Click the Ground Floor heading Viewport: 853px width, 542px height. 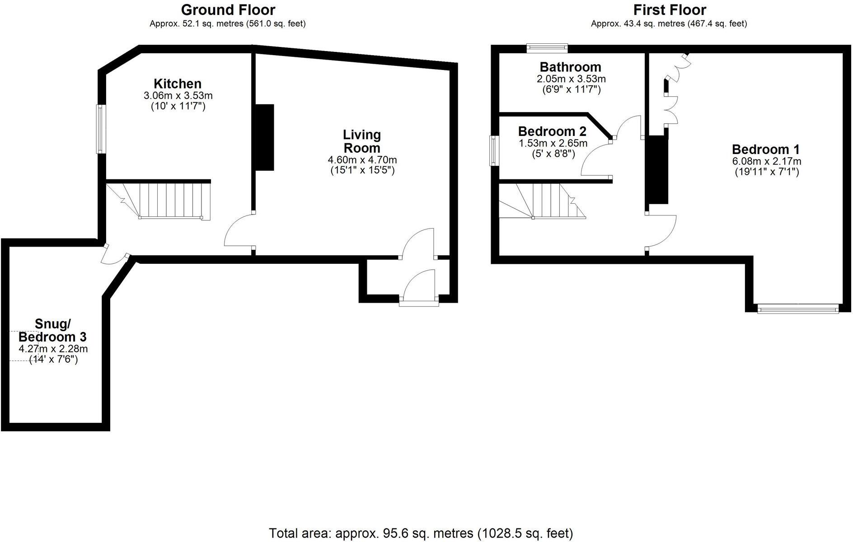tap(228, 10)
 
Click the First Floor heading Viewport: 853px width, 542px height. tap(669, 10)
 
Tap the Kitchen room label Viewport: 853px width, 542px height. tap(178, 84)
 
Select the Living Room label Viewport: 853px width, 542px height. tap(362, 141)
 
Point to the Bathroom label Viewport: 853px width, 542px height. tap(570, 67)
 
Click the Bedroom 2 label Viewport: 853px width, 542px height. tap(552, 131)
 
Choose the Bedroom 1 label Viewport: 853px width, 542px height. tap(766, 150)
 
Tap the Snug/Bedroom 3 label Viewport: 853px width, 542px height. tap(52, 331)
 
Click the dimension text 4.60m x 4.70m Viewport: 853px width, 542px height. tap(362, 160)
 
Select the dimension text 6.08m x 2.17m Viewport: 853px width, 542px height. tap(767, 161)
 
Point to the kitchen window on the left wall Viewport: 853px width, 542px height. tap(101, 129)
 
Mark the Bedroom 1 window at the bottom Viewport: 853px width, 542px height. tap(798, 309)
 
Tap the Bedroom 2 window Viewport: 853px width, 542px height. tap(495, 151)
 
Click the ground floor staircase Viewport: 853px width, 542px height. tap(167, 200)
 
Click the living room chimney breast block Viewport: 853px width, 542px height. tap(264, 137)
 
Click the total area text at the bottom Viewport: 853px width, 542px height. tap(421, 533)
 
